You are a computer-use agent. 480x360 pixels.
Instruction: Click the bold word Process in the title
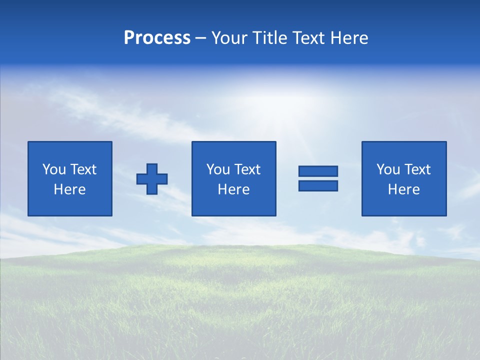(157, 38)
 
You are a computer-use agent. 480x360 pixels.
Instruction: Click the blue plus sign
(152, 179)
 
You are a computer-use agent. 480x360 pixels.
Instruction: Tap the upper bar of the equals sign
(318, 171)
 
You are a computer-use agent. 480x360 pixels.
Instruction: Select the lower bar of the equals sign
(318, 185)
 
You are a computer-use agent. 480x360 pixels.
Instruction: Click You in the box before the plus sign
(53, 169)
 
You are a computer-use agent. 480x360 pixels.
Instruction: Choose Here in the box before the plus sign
(69, 189)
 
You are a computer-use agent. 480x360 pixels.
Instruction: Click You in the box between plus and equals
(218, 169)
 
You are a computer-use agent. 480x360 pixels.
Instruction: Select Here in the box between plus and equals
(233, 189)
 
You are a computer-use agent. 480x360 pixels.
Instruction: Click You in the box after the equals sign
(388, 169)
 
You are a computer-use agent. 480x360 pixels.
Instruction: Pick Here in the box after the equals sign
(403, 189)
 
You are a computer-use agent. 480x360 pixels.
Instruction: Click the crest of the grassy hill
(300, 246)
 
